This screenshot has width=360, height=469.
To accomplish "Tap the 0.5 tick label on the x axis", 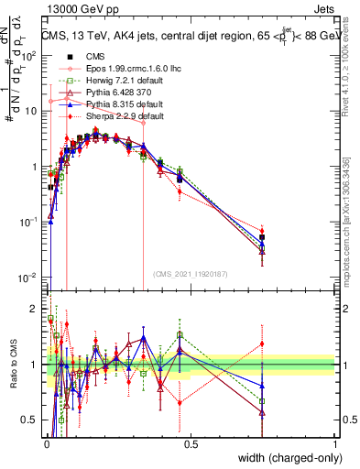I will tap(191, 443).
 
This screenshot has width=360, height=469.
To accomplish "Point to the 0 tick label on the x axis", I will tap(47, 443).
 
